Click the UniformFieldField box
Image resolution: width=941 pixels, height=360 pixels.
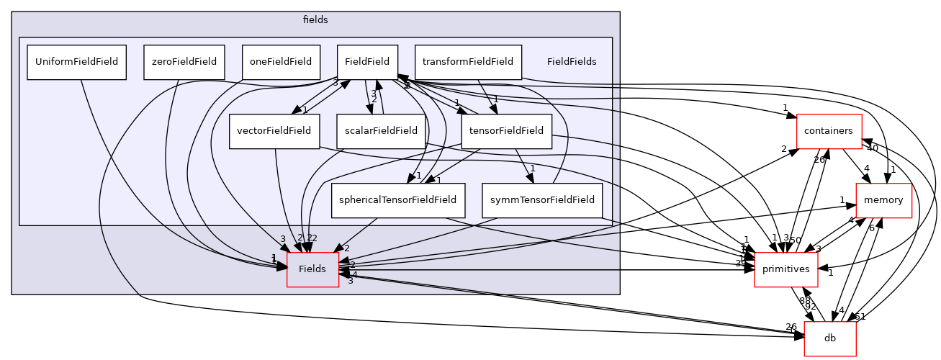(x=77, y=62)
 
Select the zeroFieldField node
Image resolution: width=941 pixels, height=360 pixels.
(x=185, y=62)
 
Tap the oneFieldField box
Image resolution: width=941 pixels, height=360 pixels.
(x=281, y=62)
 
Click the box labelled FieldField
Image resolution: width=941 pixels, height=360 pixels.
(x=367, y=62)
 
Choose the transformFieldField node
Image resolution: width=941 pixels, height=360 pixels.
(x=468, y=62)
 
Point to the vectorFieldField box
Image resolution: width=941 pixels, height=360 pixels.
(x=274, y=131)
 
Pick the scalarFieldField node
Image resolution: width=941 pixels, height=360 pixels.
(x=377, y=131)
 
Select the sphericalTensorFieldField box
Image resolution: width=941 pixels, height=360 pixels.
(x=399, y=200)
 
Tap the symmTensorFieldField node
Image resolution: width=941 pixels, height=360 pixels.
(x=541, y=200)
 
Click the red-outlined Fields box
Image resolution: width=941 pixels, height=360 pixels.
(x=312, y=269)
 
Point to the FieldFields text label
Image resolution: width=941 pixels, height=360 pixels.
(x=572, y=62)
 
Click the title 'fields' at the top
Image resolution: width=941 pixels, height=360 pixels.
(x=315, y=20)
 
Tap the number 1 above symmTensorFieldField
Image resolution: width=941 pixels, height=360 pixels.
(x=532, y=168)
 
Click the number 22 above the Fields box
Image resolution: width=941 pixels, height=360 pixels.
(x=312, y=238)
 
